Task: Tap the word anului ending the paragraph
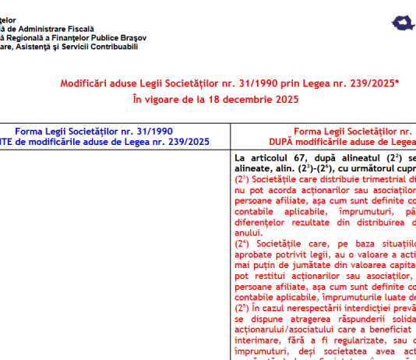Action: point(249,232)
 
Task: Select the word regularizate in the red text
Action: point(345,341)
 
